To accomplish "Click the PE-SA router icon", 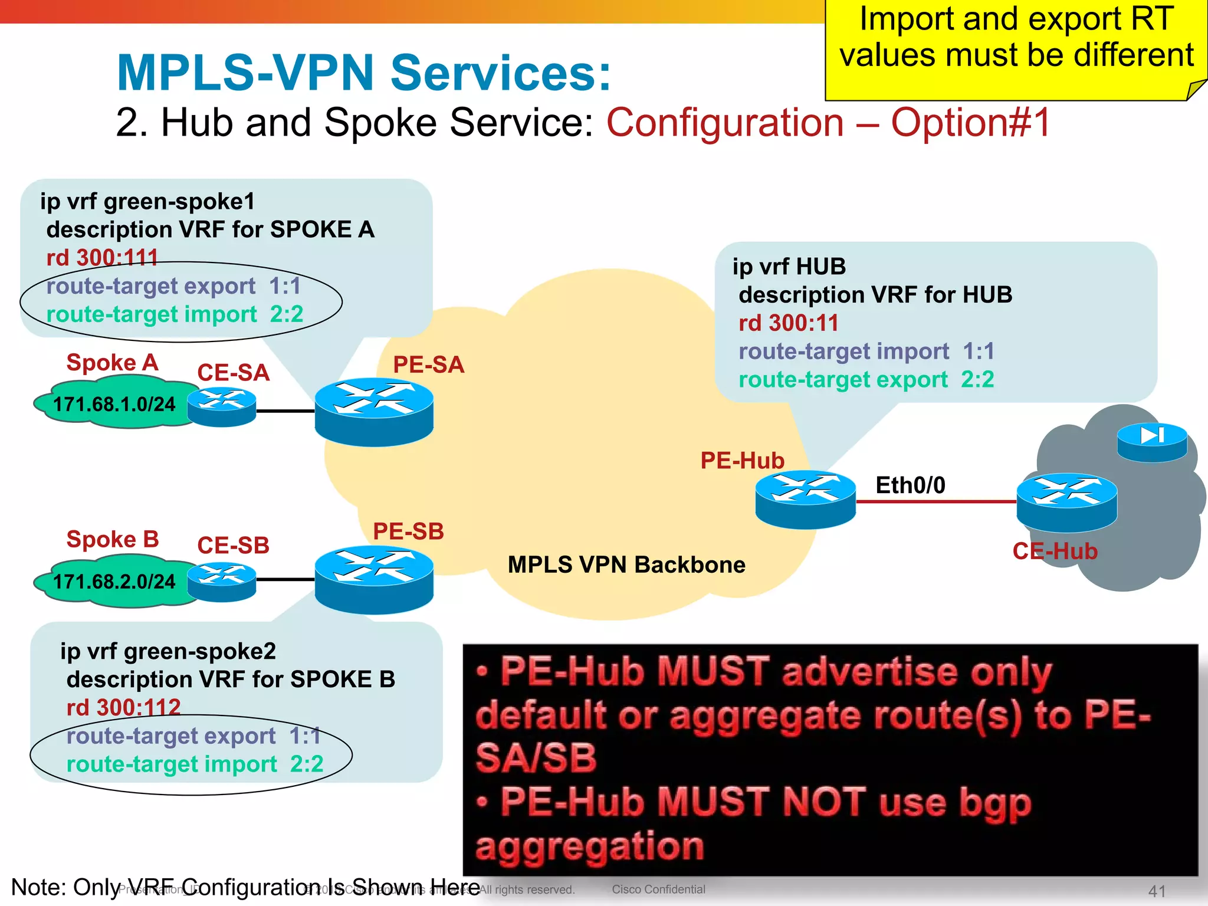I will click(374, 411).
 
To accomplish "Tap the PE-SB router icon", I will click(374, 579).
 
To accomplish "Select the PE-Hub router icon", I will click(805, 498).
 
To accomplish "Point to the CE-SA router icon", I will click(222, 406).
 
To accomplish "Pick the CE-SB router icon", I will click(222, 582).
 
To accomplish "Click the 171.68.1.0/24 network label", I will click(114, 405).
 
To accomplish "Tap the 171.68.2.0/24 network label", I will click(114, 582).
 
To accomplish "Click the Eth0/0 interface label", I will click(910, 485).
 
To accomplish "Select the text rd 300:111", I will click(102, 258).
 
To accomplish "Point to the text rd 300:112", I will click(123, 707).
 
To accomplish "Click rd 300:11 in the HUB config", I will click(788, 323).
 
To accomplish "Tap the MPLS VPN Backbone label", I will click(626, 565).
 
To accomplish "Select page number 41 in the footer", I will click(1157, 891).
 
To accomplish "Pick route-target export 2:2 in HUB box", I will click(866, 379).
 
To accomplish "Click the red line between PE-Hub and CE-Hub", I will click(935, 502).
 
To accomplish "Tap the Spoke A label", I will click(112, 363).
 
